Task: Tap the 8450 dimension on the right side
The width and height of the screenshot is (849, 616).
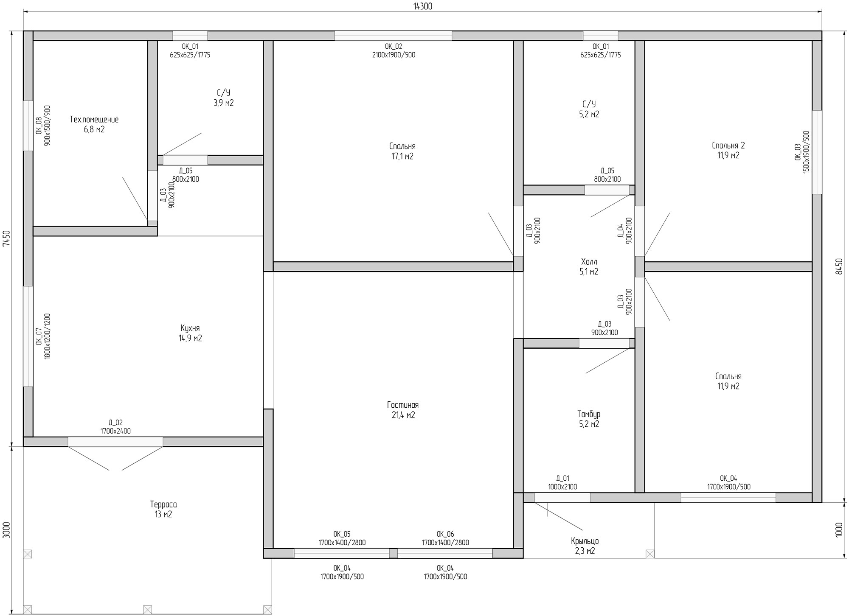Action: click(838, 266)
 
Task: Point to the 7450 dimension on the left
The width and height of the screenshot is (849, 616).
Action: click(6, 238)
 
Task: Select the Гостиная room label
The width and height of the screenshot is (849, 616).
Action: click(403, 405)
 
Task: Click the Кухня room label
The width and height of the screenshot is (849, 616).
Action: click(190, 328)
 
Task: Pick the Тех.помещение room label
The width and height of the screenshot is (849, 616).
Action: click(94, 120)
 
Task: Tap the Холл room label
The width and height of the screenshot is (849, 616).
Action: click(589, 262)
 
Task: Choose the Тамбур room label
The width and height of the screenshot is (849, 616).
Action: click(589, 414)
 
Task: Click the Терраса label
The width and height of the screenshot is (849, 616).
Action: click(163, 504)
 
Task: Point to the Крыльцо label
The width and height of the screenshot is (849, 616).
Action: click(585, 541)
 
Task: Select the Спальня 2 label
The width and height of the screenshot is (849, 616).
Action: click(728, 146)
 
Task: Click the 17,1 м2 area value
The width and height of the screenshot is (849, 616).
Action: click(402, 157)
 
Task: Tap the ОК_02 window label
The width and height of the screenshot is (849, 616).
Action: click(394, 47)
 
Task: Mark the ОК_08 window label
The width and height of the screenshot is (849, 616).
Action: click(39, 126)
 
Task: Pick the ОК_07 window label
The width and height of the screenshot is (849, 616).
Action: click(39, 336)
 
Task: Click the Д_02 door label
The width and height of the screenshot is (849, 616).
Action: click(115, 423)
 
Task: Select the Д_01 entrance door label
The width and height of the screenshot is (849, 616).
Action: click(562, 479)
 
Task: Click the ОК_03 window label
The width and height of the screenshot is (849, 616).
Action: click(798, 152)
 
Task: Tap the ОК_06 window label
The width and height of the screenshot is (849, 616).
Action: click(445, 534)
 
